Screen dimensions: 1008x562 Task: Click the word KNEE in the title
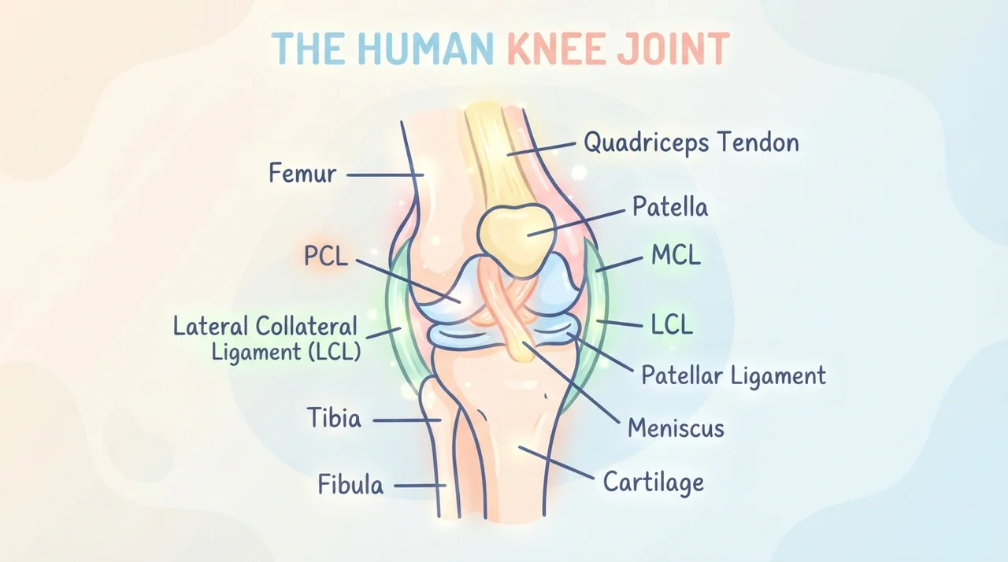click(x=558, y=48)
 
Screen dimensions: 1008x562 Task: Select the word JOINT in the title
click(x=673, y=48)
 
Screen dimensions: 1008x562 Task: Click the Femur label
click(x=302, y=173)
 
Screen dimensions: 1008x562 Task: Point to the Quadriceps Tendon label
click(x=691, y=142)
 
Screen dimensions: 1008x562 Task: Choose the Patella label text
click(x=670, y=207)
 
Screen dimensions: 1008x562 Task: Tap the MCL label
click(x=676, y=255)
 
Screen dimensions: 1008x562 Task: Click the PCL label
click(x=326, y=256)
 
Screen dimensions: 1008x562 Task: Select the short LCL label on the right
click(x=672, y=324)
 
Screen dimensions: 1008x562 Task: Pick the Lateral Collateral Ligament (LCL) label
click(x=267, y=338)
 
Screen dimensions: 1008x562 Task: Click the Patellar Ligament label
click(x=733, y=375)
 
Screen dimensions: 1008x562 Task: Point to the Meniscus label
click(x=676, y=427)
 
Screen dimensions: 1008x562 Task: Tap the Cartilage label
click(x=654, y=482)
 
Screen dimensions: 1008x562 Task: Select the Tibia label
click(x=334, y=418)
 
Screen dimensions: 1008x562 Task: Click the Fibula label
click(x=350, y=484)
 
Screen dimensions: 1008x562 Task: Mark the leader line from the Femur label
click(x=385, y=175)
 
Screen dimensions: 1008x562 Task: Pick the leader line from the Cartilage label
click(x=556, y=463)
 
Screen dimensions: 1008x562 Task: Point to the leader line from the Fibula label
click(x=420, y=486)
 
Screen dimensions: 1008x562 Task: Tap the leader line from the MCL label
click(x=618, y=264)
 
